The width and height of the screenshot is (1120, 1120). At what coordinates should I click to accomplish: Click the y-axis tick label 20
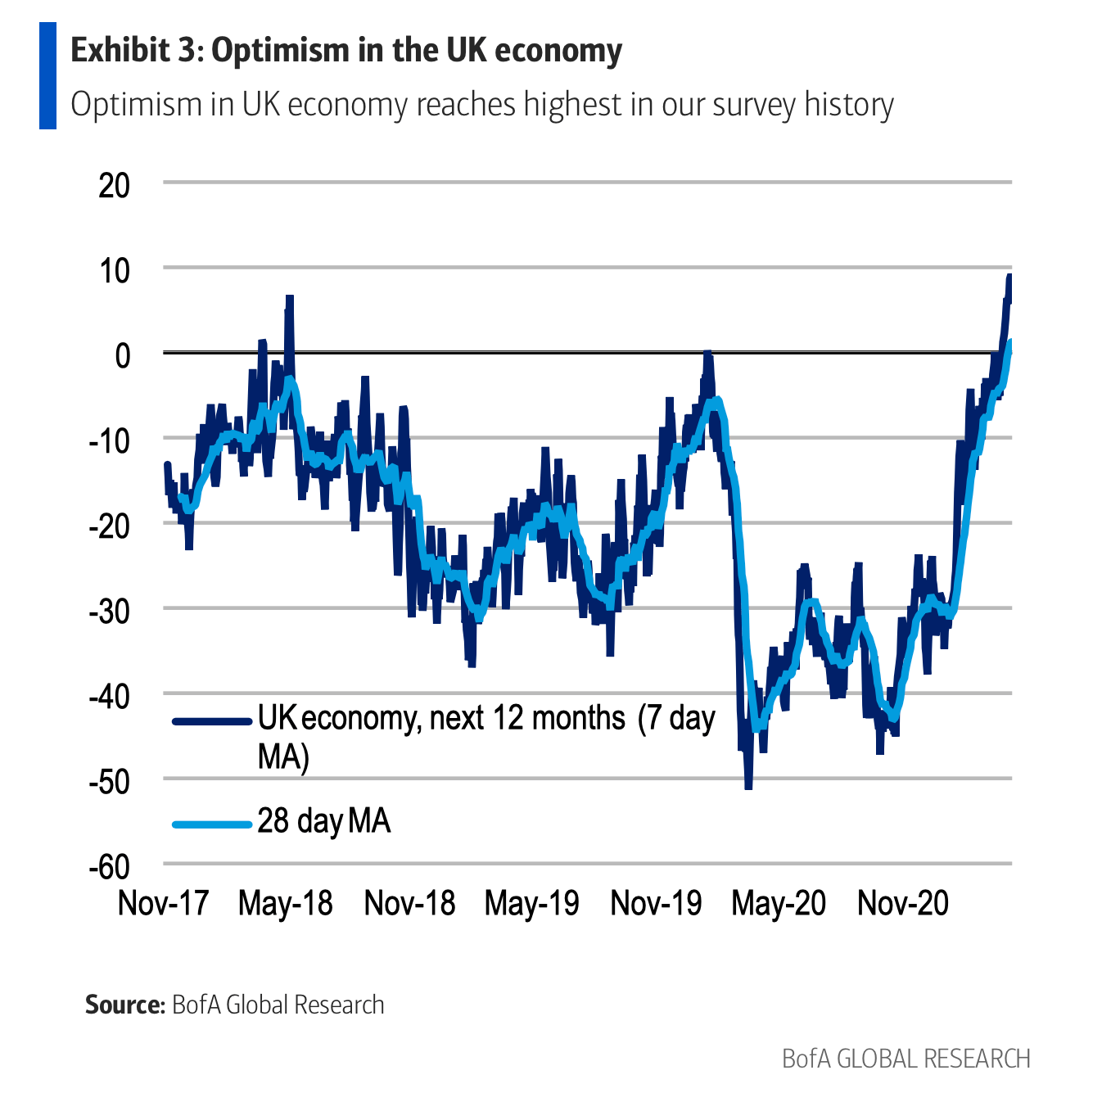pyautogui.click(x=114, y=186)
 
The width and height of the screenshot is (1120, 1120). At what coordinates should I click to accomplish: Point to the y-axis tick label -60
pyautogui.click(x=109, y=866)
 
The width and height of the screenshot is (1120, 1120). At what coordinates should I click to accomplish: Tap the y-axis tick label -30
pyautogui.click(x=109, y=611)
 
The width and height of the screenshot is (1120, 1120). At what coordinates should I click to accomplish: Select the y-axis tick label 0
pyautogui.click(x=122, y=355)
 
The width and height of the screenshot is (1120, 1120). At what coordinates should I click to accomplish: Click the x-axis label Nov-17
pyautogui.click(x=164, y=903)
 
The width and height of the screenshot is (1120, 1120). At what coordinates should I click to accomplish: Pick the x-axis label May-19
pyautogui.click(x=531, y=903)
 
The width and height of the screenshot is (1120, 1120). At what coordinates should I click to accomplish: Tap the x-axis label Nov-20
pyautogui.click(x=902, y=903)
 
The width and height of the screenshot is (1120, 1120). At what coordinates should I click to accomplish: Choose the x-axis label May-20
pyautogui.click(x=779, y=903)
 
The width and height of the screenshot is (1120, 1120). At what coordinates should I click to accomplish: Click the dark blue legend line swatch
pyautogui.click(x=211, y=721)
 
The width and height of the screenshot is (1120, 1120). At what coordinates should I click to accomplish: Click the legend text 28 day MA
pyautogui.click(x=324, y=820)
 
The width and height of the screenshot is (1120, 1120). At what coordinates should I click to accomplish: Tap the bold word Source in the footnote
pyautogui.click(x=125, y=1005)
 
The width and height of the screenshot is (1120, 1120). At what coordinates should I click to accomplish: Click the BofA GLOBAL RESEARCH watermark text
pyautogui.click(x=905, y=1059)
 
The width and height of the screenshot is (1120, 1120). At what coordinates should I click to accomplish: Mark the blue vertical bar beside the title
pyautogui.click(x=47, y=75)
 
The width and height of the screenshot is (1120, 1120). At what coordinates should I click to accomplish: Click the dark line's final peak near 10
pyautogui.click(x=1009, y=278)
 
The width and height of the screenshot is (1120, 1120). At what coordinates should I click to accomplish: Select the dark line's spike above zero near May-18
pyautogui.click(x=289, y=299)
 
